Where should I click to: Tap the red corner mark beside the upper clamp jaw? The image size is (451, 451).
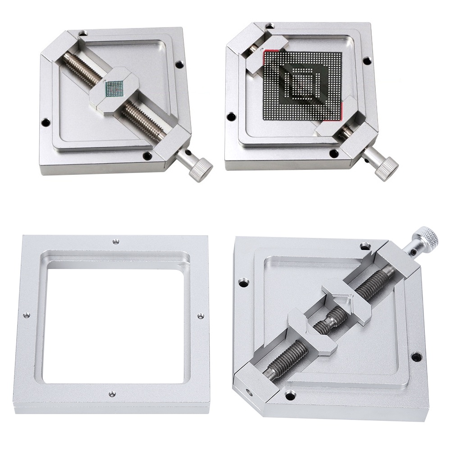273,48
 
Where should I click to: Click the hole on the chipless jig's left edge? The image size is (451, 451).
244,283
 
